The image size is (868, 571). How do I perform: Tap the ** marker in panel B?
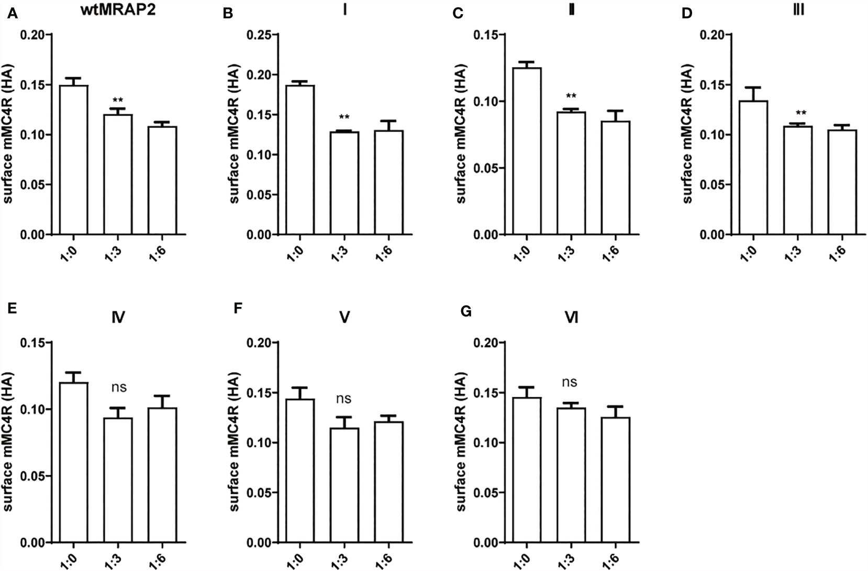(344, 117)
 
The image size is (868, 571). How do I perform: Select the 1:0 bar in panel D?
(753, 168)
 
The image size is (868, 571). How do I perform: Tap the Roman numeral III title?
(798, 9)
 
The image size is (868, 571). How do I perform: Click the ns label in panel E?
(118, 388)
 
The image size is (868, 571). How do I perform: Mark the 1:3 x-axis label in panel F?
(343, 558)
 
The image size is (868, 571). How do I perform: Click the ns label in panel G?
(570, 382)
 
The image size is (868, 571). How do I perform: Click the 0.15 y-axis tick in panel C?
(486, 35)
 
